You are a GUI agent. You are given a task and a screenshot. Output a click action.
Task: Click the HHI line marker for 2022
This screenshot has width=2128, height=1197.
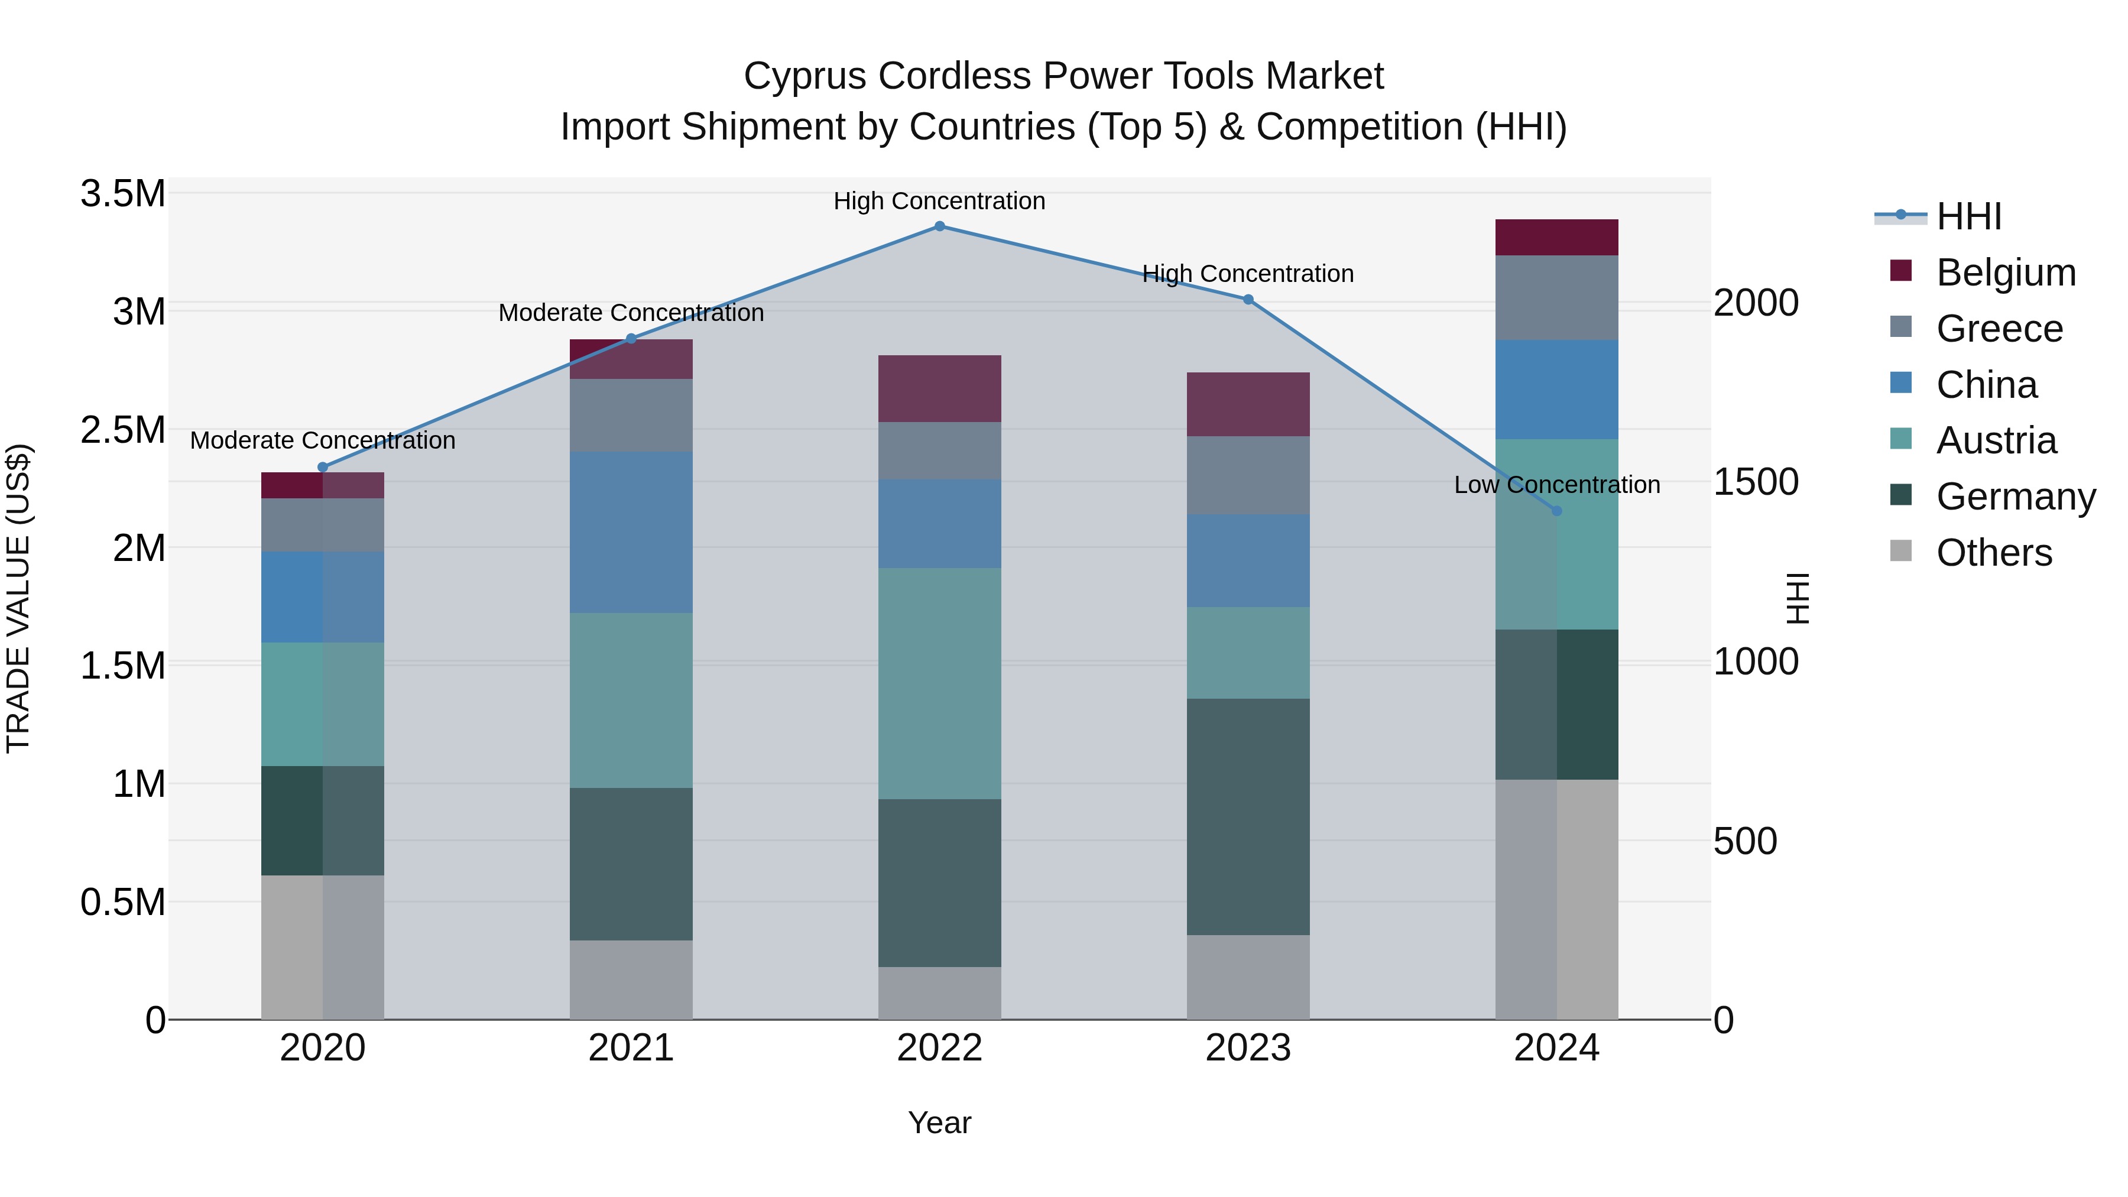pos(939,226)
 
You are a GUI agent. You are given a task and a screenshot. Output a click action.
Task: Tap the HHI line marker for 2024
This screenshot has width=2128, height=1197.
pos(1556,511)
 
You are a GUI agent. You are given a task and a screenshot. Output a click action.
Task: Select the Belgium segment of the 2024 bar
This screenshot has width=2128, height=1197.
pos(1556,238)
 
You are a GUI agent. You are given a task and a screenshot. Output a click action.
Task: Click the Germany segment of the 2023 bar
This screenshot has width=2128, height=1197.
pos(1247,816)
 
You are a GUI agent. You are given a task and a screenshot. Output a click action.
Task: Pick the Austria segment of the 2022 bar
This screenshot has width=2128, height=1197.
pos(939,683)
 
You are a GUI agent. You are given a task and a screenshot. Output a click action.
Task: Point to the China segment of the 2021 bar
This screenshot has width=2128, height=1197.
pos(631,532)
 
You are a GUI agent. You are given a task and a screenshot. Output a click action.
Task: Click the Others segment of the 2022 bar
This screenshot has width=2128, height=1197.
pos(939,993)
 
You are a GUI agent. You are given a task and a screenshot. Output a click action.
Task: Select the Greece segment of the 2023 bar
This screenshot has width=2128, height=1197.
pos(1247,476)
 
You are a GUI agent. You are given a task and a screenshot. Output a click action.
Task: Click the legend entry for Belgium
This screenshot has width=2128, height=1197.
pos(2005,273)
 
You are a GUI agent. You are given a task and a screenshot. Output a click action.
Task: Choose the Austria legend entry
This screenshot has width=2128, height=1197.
pos(1996,440)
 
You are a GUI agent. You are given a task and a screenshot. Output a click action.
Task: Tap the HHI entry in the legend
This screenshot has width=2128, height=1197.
pos(1968,216)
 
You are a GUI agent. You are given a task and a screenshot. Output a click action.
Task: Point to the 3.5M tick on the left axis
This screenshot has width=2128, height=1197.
pos(123,194)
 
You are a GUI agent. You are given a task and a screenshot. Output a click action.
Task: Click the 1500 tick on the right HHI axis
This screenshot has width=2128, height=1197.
pos(1756,482)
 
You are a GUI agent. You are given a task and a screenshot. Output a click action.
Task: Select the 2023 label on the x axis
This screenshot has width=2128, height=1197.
pos(1247,1048)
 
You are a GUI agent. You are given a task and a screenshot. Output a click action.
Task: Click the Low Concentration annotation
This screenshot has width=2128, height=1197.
pos(1556,485)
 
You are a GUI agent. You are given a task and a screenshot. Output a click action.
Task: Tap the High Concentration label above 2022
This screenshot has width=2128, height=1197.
pos(939,201)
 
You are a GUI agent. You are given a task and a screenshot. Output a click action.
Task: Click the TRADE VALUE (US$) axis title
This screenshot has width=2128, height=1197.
pos(18,598)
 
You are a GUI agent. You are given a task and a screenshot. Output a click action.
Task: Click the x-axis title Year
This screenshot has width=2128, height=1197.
pos(939,1123)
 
